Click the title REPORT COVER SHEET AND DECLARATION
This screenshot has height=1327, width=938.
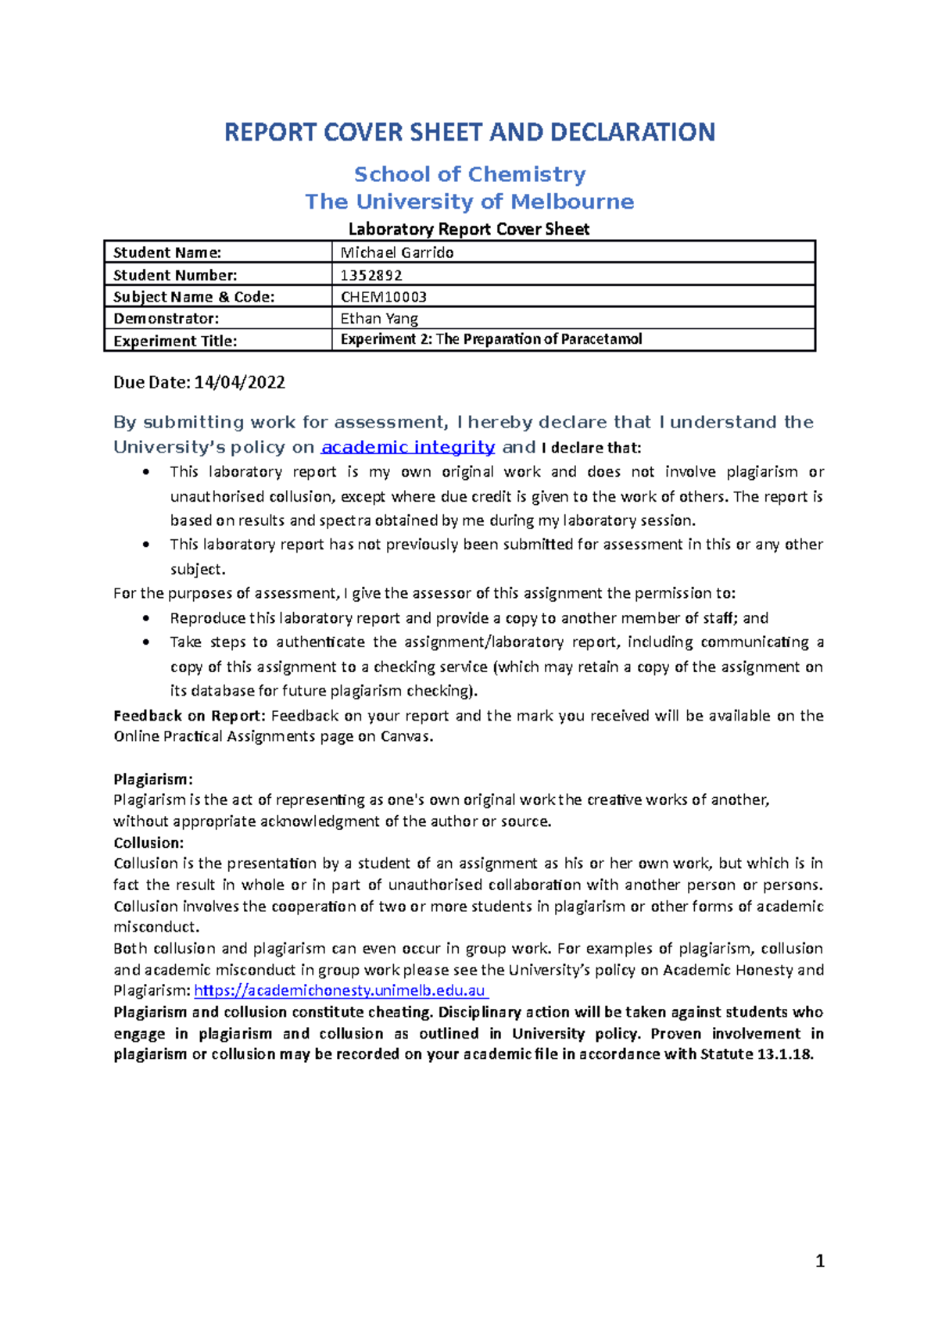point(469,132)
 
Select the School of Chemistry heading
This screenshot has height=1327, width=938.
point(469,174)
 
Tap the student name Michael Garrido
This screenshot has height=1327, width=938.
point(397,252)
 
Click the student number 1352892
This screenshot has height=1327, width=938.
point(371,275)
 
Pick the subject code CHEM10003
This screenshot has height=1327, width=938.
point(383,297)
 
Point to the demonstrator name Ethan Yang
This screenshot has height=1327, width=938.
point(379,319)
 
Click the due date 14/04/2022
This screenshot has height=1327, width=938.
point(239,383)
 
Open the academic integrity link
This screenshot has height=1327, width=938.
point(408,447)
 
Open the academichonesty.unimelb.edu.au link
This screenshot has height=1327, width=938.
point(340,991)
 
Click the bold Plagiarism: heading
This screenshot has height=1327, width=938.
point(152,779)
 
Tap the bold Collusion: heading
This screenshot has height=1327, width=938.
point(149,842)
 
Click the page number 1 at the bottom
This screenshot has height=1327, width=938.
point(819,1261)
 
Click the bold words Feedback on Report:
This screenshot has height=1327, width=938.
point(189,716)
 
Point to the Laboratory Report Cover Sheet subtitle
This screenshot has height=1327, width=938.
point(468,229)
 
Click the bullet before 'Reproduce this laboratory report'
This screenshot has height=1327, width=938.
point(145,618)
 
